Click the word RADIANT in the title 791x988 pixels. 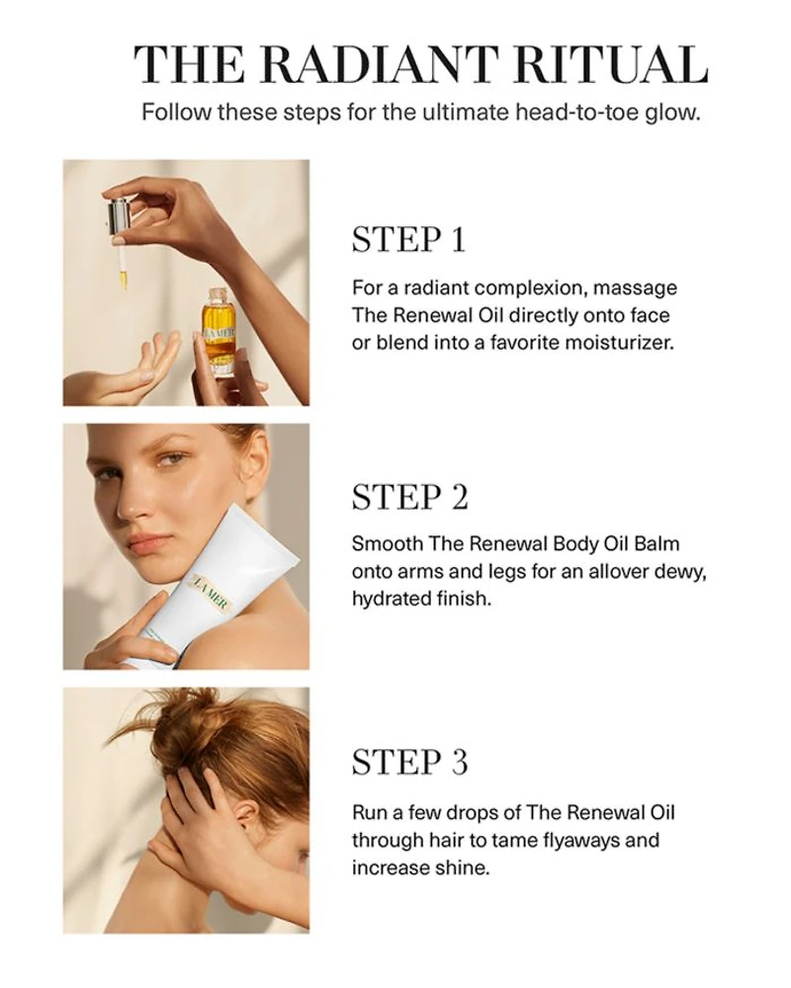[381, 65]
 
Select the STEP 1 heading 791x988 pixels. [408, 239]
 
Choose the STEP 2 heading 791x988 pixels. [410, 497]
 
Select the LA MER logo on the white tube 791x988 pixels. [213, 594]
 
